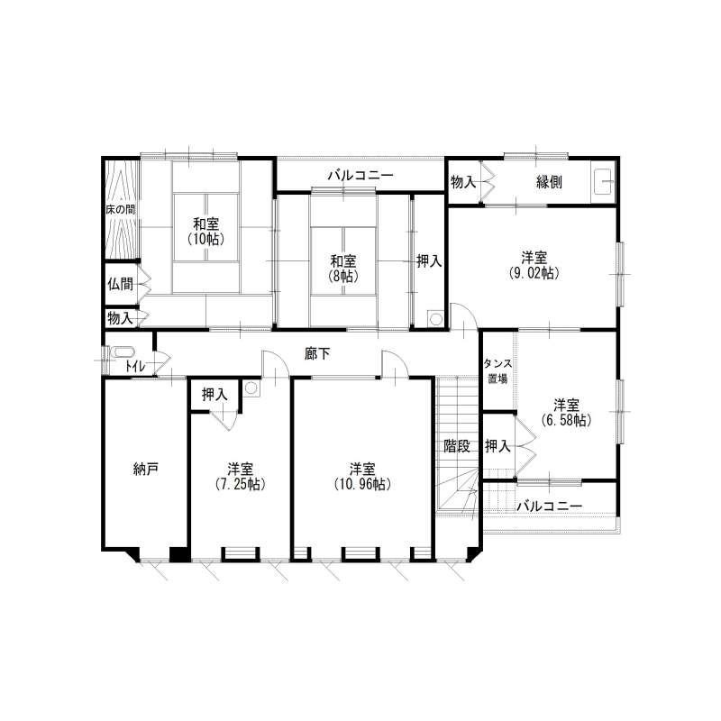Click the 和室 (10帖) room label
click(x=206, y=232)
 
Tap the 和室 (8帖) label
click(x=343, y=269)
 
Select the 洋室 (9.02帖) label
click(x=534, y=265)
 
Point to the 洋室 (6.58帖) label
click(x=566, y=413)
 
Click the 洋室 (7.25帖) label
click(x=240, y=477)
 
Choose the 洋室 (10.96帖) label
click(x=362, y=477)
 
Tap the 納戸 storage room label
click(x=146, y=469)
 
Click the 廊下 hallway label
click(x=317, y=353)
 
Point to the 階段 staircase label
click(x=457, y=445)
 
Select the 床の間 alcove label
click(x=121, y=210)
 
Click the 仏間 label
click(x=120, y=284)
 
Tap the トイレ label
click(x=136, y=367)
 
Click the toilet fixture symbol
click(x=122, y=352)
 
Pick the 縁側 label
click(x=549, y=182)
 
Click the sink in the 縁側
click(x=603, y=182)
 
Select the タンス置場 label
click(x=497, y=371)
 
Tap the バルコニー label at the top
click(x=360, y=175)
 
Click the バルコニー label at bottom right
click(x=550, y=506)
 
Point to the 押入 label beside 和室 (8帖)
click(x=429, y=261)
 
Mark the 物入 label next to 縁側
click(x=463, y=182)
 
